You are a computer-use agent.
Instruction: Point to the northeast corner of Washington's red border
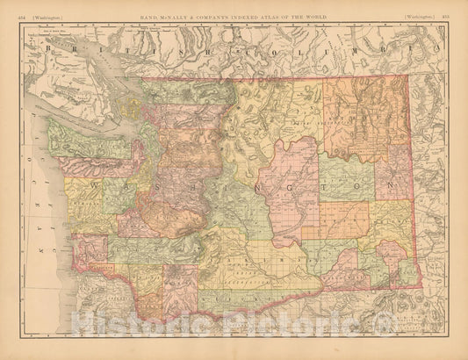click(409, 75)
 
